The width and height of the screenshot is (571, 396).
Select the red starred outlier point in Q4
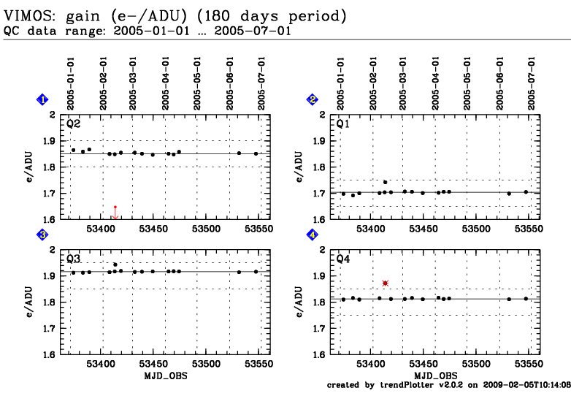point(385,283)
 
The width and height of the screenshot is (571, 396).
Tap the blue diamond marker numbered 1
point(43,99)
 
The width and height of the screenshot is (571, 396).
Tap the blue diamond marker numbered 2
point(313,99)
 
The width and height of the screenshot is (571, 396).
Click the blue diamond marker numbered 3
point(43,235)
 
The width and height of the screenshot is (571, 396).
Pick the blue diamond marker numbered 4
point(313,235)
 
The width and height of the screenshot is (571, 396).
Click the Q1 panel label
point(343,123)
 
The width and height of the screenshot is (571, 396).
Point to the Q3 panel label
point(74,259)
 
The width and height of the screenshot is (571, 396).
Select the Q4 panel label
point(343,259)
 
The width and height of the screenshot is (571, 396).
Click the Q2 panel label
point(74,123)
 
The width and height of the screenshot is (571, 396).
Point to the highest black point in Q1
point(386,182)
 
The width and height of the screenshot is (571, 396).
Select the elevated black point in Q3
point(115,264)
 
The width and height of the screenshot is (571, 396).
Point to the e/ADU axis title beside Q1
point(300,167)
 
